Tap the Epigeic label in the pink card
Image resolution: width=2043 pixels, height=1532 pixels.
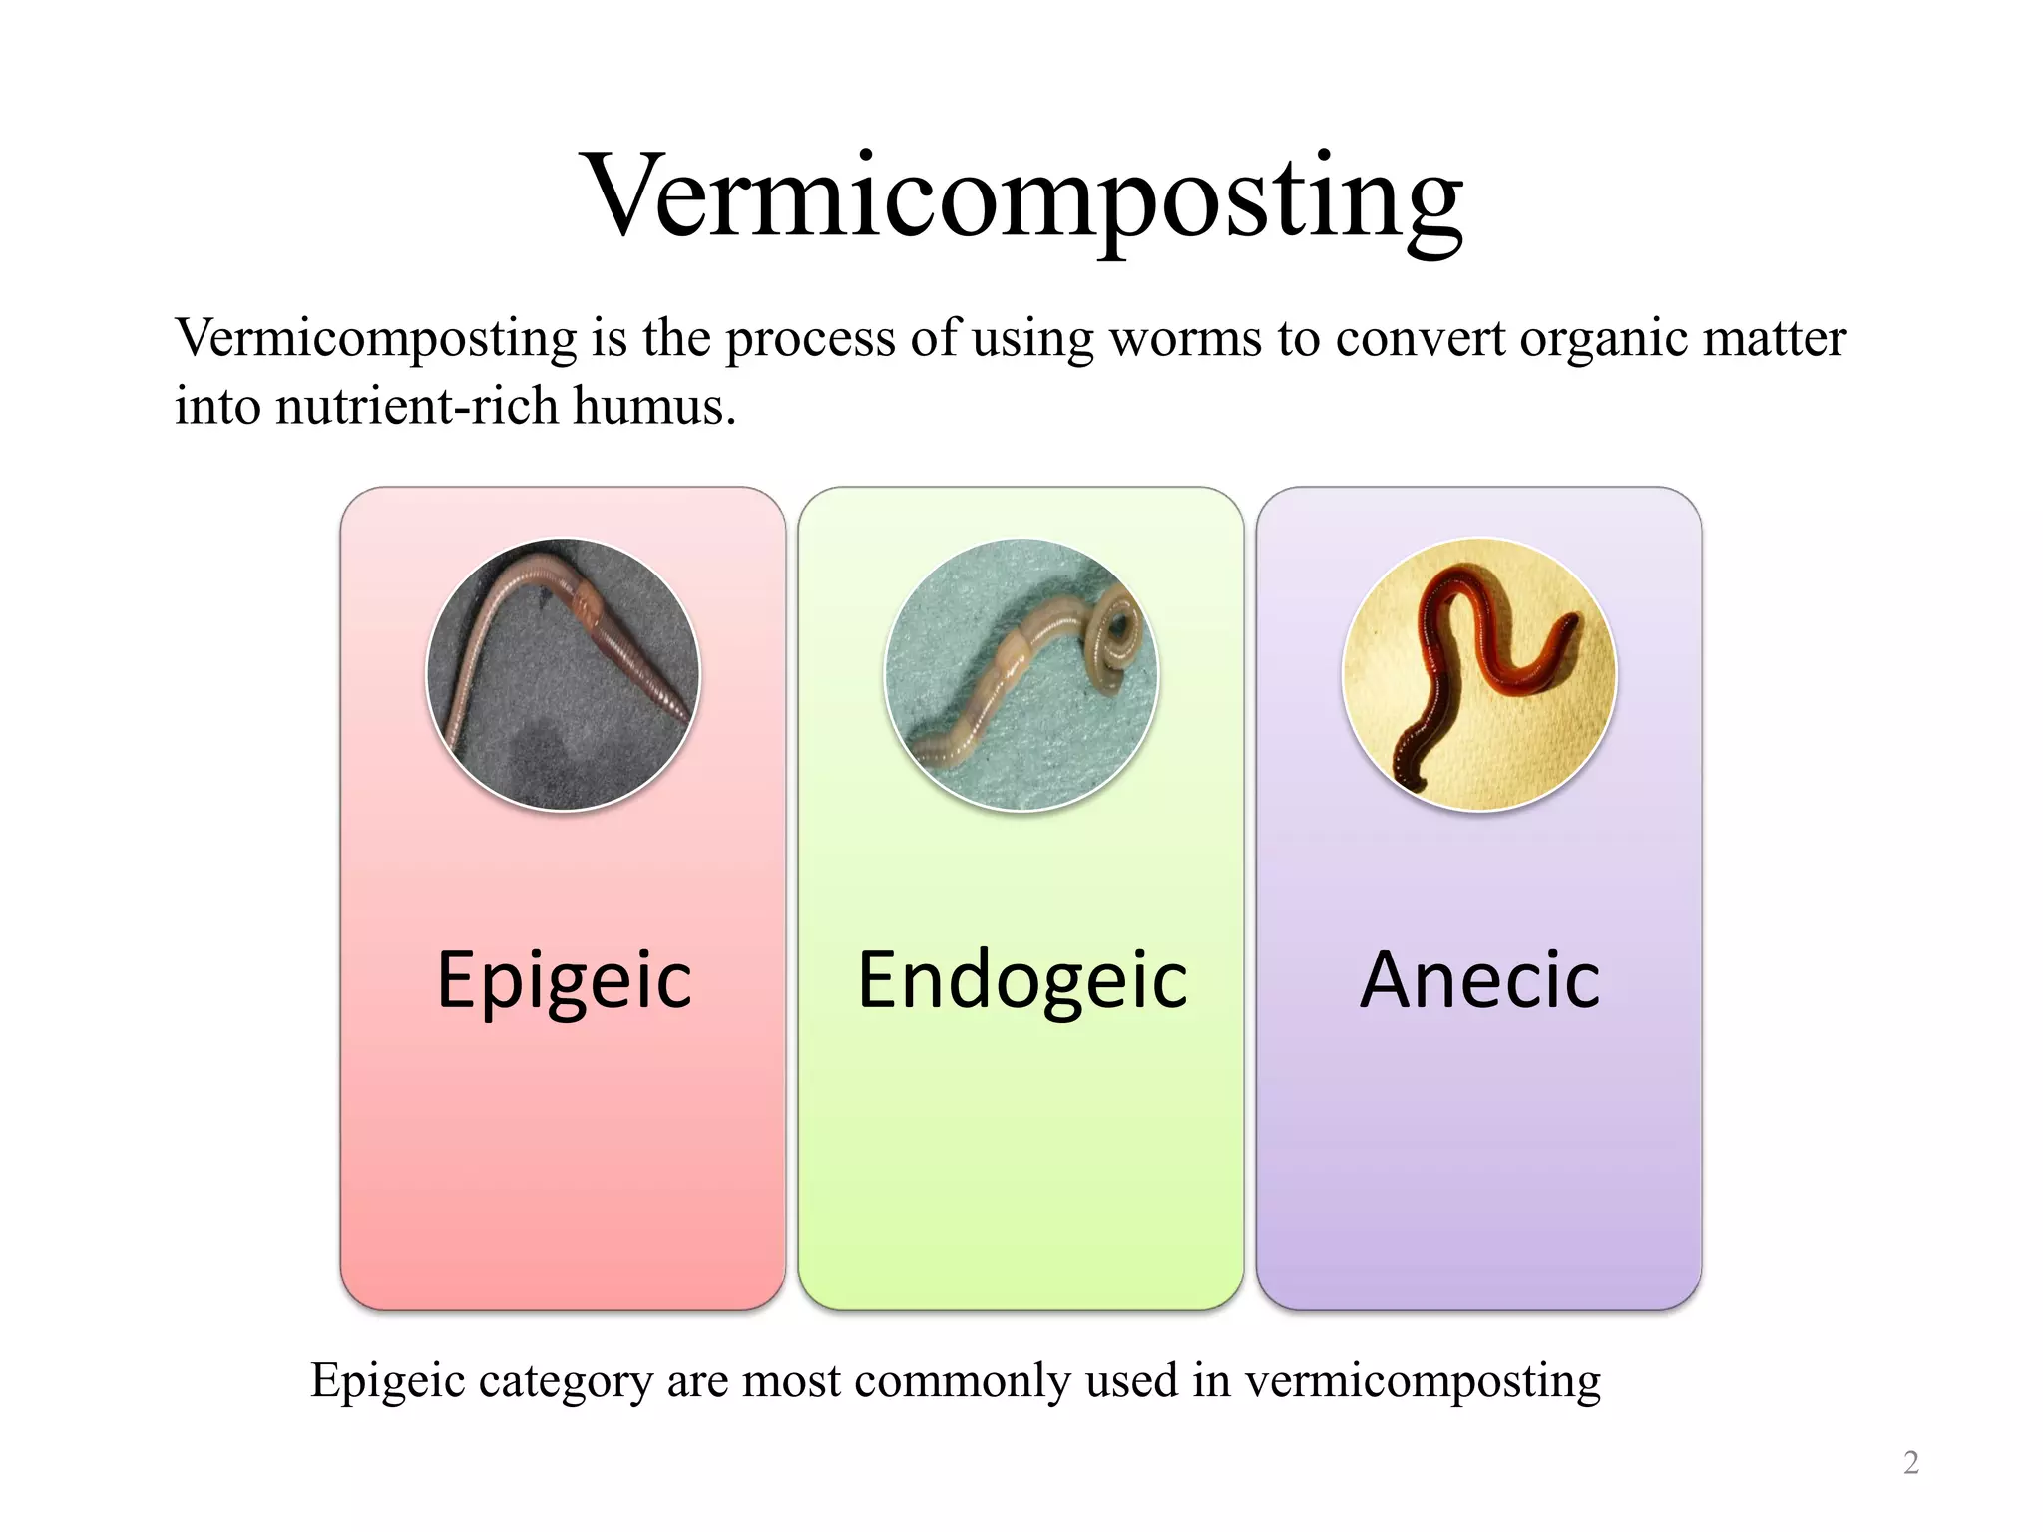pyautogui.click(x=564, y=980)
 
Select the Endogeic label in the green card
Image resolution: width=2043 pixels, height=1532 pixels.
pyautogui.click(x=1022, y=980)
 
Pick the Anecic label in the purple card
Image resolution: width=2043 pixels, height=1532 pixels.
pyautogui.click(x=1479, y=980)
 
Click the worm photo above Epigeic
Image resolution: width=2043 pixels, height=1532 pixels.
pyautogui.click(x=564, y=675)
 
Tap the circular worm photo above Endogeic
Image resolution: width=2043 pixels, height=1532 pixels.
pyautogui.click(x=1021, y=675)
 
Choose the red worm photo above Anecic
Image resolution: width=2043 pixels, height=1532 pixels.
pyautogui.click(x=1479, y=675)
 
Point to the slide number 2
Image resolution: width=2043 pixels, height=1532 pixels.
pyautogui.click(x=1910, y=1462)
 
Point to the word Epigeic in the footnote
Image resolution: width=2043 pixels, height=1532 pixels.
pyautogui.click(x=388, y=1382)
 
